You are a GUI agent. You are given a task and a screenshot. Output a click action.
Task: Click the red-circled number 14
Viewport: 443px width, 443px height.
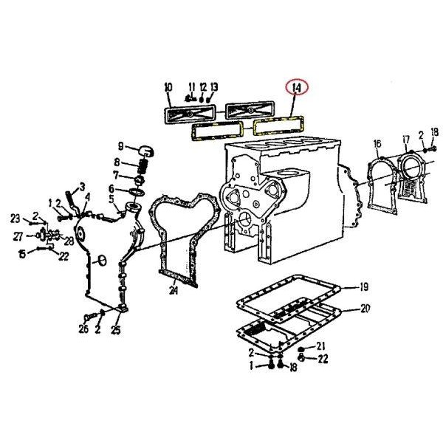pyautogui.click(x=297, y=87)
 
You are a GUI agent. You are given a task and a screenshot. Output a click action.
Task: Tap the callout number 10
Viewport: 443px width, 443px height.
pyautogui.click(x=168, y=87)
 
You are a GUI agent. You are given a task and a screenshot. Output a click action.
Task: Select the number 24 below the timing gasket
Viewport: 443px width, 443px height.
pyautogui.click(x=174, y=290)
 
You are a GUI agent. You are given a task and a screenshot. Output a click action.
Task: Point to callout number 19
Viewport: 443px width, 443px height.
pyautogui.click(x=365, y=287)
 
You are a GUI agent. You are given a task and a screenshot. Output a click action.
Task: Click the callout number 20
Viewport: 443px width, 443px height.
pyautogui.click(x=365, y=309)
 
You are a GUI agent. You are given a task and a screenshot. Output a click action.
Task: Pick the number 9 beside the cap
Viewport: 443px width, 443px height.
pyautogui.click(x=120, y=146)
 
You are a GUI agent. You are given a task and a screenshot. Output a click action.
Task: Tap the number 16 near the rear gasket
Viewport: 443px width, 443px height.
pyautogui.click(x=377, y=144)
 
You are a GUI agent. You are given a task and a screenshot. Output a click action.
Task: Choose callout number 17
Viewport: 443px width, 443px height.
pyautogui.click(x=406, y=140)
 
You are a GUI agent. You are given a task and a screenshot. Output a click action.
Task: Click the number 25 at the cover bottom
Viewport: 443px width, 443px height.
pyautogui.click(x=116, y=330)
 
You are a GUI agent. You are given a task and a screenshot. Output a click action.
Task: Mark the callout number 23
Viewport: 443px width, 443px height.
pyautogui.click(x=16, y=219)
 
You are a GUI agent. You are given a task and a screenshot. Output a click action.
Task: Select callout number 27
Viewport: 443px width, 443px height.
pyautogui.click(x=18, y=236)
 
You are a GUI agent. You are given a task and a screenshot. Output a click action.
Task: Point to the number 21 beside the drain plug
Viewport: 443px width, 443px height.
pyautogui.click(x=320, y=346)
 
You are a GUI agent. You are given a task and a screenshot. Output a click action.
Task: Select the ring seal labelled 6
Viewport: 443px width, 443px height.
pyautogui.click(x=137, y=192)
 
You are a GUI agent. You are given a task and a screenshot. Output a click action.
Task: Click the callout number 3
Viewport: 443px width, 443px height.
pyautogui.click(x=82, y=187)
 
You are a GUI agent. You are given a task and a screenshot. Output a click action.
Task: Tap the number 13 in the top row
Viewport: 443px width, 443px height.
pyautogui.click(x=214, y=87)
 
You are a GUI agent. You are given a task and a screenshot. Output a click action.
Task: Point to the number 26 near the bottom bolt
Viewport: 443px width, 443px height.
pyautogui.click(x=83, y=329)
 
